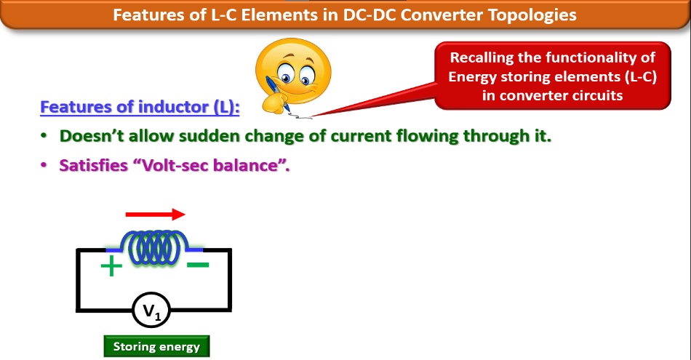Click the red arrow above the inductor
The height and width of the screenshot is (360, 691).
155,215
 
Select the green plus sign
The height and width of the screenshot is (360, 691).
111,267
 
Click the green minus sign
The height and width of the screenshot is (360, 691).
198,265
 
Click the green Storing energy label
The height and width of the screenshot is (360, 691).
156,346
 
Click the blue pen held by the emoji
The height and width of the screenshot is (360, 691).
275,91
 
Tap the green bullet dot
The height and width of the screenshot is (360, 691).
44,136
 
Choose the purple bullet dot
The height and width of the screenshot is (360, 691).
44,165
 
